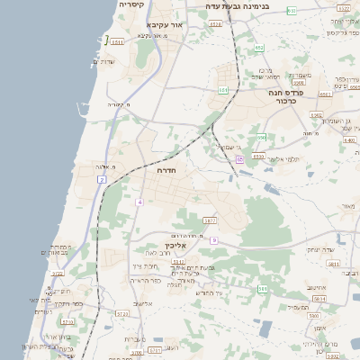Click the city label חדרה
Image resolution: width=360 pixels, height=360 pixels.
pos(166,169)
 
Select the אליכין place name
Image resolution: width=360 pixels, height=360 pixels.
pos(175,245)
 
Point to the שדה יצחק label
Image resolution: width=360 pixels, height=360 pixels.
pos(320,249)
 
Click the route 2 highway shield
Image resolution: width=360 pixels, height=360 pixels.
pos(102,180)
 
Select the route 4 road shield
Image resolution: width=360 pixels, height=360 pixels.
pos(139,202)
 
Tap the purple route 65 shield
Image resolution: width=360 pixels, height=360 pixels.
pos(239,159)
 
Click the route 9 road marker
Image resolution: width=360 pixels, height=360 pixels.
pos(214,240)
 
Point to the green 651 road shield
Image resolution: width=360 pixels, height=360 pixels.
pos(223,90)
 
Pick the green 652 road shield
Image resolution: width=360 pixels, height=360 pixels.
pos(259,48)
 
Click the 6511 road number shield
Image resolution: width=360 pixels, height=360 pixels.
pos(118,41)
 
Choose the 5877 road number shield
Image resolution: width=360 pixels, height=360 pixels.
pos(210,220)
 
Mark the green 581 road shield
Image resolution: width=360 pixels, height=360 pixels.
pos(263,289)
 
